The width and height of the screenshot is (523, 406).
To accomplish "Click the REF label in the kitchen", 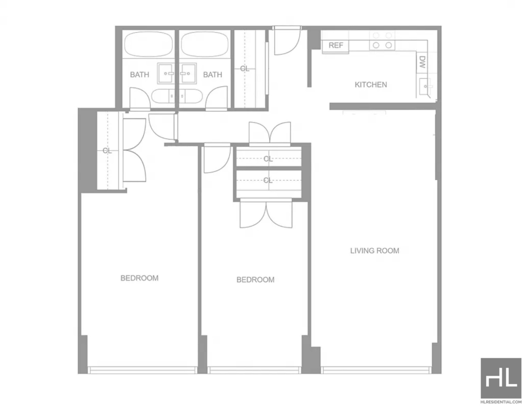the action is [x=336, y=45].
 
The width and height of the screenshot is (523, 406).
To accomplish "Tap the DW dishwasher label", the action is [x=422, y=62].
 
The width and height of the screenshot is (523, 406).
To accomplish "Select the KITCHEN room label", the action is [x=371, y=85].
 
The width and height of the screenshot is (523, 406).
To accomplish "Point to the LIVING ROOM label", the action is [x=374, y=251].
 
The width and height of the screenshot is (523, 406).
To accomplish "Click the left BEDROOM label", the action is [x=139, y=278].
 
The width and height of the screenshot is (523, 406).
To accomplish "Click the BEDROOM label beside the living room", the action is [x=255, y=279].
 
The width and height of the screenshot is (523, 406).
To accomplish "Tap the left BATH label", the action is [x=139, y=75].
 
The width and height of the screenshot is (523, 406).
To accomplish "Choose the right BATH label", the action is [x=212, y=75].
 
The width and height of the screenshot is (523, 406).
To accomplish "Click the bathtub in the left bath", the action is [x=149, y=44].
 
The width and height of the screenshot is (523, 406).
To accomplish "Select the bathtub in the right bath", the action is [x=205, y=44].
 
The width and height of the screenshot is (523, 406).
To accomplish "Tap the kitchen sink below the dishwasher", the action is [x=425, y=86].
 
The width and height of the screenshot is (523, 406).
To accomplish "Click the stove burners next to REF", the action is [x=382, y=41].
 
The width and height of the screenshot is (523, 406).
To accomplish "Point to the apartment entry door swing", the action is [x=287, y=42].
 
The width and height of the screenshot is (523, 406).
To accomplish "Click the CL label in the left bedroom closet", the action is [x=107, y=151].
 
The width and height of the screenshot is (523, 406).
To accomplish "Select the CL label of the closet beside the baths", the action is [x=245, y=68].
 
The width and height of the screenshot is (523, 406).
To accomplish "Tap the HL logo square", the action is [x=501, y=378].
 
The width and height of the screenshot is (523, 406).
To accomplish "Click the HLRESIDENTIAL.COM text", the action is [x=501, y=402].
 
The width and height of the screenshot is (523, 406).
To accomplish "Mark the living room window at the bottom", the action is [x=376, y=370].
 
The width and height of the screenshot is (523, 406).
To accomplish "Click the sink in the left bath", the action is [x=166, y=73].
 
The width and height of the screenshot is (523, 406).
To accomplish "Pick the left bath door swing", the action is [x=140, y=98].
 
